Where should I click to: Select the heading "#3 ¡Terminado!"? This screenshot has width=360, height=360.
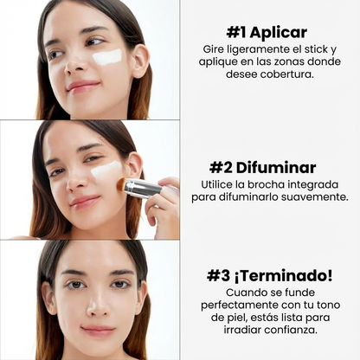tap(271, 275)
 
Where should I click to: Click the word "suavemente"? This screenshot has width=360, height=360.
tap(313, 197)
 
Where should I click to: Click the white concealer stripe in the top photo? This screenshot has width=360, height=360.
tap(107, 57)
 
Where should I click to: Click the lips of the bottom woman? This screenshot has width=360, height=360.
tap(97, 331)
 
